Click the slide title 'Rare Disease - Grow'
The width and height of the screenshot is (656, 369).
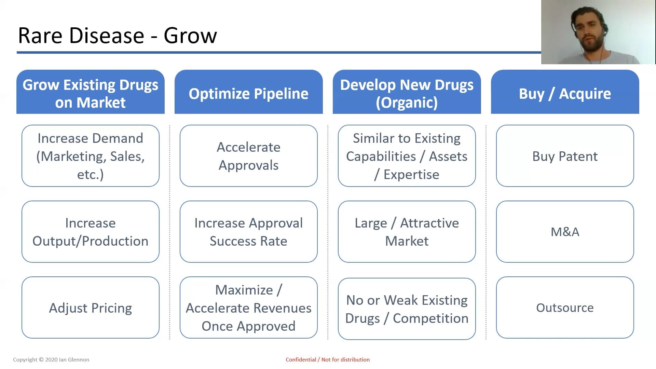click(118, 35)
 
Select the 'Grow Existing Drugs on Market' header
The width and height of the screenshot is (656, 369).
click(91, 92)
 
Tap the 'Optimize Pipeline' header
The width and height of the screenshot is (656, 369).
click(249, 92)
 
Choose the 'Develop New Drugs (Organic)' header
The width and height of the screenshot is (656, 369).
click(407, 92)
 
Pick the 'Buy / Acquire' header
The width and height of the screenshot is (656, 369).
click(565, 92)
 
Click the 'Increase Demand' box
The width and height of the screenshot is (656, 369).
click(91, 156)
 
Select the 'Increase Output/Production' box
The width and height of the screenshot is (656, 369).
click(91, 232)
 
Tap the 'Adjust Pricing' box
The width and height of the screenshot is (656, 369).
click(91, 307)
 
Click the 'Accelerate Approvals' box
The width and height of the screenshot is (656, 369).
click(249, 156)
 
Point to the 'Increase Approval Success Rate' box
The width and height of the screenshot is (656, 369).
click(249, 232)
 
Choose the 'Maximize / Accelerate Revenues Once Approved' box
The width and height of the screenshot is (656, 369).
click(249, 307)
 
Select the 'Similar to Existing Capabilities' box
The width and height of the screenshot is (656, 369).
click(407, 156)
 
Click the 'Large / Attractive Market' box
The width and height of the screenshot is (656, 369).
click(407, 232)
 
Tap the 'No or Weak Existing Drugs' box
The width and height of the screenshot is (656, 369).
click(407, 309)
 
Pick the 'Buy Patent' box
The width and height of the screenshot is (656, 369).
click(565, 156)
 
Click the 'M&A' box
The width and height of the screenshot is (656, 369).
click(565, 232)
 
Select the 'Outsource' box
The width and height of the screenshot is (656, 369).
click(565, 307)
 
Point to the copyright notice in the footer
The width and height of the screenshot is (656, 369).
click(51, 359)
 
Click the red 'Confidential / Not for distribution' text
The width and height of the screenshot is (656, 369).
click(328, 359)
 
